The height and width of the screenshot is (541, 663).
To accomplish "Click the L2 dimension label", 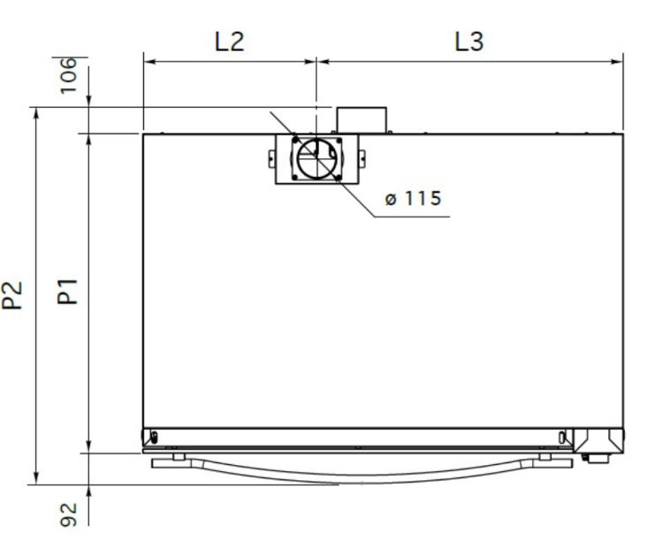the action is coord(230,42).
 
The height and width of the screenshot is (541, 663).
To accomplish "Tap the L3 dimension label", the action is coord(469,42).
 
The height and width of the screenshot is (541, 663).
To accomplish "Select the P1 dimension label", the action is coord(68,292).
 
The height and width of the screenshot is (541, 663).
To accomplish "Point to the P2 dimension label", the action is coord(11,295).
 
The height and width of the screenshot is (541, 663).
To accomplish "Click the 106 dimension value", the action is coord(68,76).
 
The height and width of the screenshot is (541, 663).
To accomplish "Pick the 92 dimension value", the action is coord(68,514).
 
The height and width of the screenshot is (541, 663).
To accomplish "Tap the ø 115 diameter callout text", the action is coord(413,198).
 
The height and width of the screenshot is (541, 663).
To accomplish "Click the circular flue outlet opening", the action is coord(316,158).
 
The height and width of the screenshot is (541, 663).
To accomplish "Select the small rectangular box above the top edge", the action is coord(362,120).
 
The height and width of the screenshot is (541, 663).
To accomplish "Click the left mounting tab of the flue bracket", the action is coord(272,158).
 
